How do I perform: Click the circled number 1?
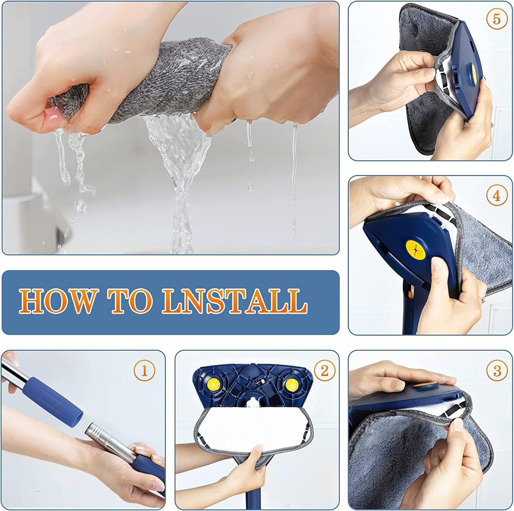coord(144,371)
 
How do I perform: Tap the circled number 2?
coord(324,371)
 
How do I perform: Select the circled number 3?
coord(497,371)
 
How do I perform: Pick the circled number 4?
coord(497,196)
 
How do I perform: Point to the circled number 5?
coord(497,19)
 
